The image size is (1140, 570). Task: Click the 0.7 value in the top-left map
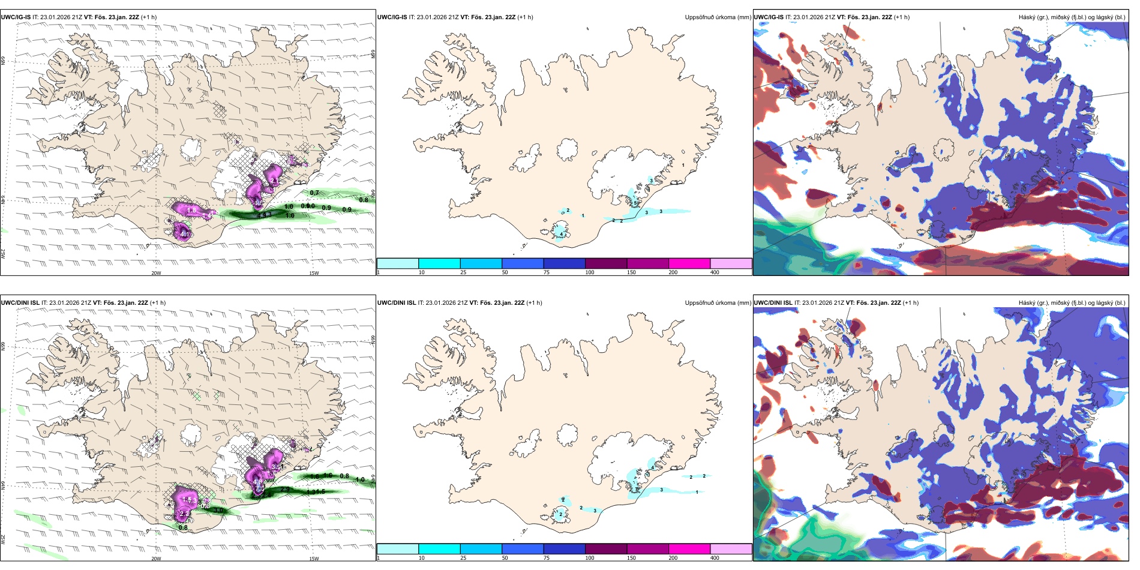314,193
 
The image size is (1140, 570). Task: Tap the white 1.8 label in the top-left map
192,211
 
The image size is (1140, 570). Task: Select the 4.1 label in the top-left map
185,235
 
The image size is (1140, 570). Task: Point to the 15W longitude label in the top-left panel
313,273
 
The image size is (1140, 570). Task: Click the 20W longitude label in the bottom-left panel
156,559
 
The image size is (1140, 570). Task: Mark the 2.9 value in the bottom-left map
286,490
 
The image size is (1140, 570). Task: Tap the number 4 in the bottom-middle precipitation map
653,460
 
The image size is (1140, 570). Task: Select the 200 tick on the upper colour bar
673,272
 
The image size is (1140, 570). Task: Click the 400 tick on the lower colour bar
715,558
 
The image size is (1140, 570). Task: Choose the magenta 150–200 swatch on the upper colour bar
689,263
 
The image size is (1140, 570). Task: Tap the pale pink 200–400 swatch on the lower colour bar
731,549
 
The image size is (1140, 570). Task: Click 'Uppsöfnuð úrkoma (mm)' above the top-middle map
718,17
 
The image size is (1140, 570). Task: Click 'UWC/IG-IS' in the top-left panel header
16,17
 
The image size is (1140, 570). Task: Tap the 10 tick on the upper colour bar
422,272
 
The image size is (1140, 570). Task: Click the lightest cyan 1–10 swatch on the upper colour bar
397,263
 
